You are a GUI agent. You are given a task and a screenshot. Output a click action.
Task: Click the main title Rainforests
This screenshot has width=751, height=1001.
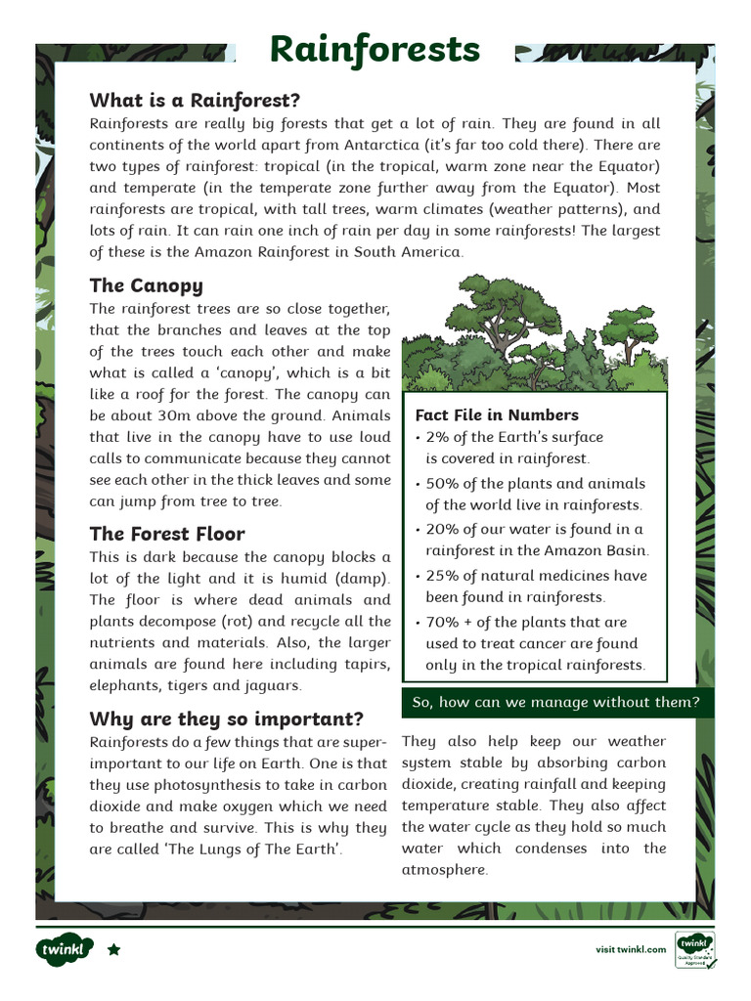pos(375,48)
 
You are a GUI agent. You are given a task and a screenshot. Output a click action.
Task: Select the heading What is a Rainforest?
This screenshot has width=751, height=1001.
pos(194,100)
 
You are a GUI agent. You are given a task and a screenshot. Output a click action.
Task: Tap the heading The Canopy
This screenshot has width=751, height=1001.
pos(146,285)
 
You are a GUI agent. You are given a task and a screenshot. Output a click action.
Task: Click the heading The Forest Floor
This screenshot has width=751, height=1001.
pos(166,534)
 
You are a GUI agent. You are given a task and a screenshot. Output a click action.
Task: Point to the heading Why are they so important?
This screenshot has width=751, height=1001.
pos(226,718)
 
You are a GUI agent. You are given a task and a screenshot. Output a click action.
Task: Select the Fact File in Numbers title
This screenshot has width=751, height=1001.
pos(497,414)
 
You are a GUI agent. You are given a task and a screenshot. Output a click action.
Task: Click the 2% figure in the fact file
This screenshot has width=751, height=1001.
pos(437,437)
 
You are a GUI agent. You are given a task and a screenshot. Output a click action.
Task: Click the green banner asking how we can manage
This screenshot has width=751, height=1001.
pos(556,702)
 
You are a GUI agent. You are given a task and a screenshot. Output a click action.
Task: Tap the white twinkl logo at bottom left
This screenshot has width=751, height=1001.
pos(65,949)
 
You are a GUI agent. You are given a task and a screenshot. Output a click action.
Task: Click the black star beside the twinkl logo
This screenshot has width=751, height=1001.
pos(113,949)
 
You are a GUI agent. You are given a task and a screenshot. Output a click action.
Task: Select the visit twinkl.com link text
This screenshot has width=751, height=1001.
pos(631,949)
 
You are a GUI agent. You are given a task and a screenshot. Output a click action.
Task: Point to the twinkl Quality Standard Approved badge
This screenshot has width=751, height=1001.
pos(694,949)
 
